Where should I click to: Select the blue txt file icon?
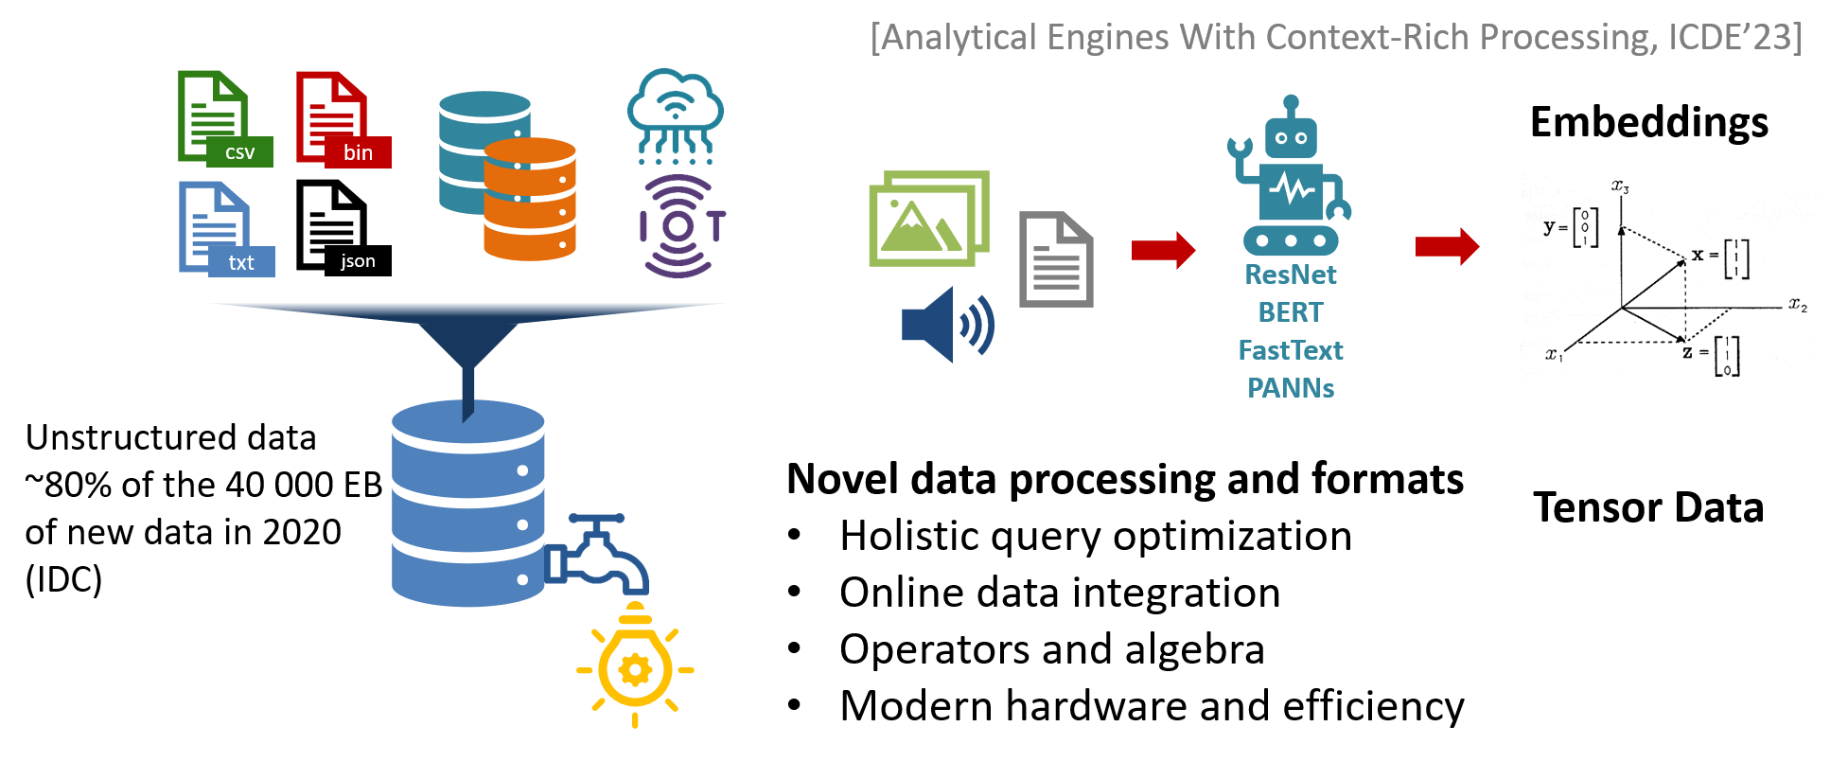[x=221, y=228]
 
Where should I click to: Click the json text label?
[x=358, y=261]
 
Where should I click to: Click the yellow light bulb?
[x=635, y=667]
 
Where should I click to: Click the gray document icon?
[x=1056, y=259]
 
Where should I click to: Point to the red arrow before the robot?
[x=1163, y=250]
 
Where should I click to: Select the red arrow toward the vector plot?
[x=1447, y=246]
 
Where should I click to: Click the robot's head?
[x=1291, y=136]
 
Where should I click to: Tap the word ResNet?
[x=1291, y=275]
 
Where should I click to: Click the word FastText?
[x=1291, y=350]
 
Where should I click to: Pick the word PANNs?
[x=1291, y=388]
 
